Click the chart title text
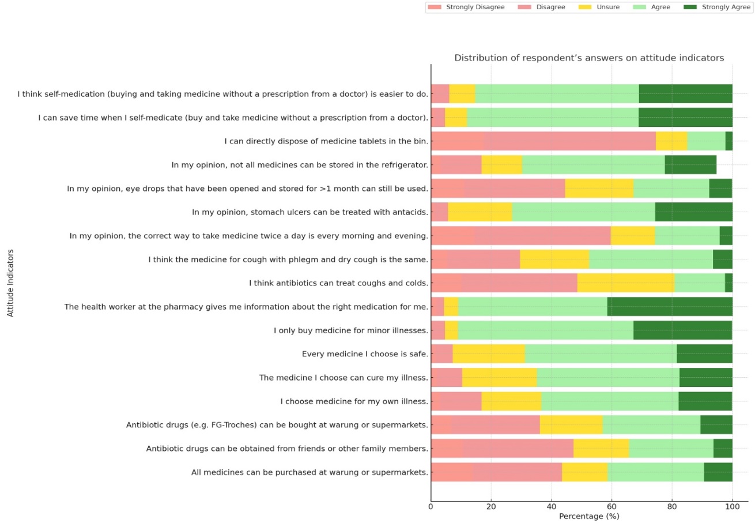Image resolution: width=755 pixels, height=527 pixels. [x=589, y=58]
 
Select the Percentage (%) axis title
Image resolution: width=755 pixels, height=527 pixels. [x=589, y=516]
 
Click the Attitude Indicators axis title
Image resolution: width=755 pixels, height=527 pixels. [x=10, y=283]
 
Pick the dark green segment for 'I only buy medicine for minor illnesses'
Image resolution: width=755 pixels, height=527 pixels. [x=682, y=330]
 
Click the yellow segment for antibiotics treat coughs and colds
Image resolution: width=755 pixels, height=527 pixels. [x=625, y=283]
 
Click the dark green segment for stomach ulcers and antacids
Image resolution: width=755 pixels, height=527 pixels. [x=693, y=212]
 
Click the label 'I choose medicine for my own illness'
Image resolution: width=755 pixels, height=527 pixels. [x=354, y=401]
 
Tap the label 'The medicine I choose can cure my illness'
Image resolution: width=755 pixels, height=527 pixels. [x=343, y=378]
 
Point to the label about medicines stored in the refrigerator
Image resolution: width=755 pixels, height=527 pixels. [x=300, y=165]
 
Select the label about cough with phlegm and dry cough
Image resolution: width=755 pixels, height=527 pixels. [x=288, y=259]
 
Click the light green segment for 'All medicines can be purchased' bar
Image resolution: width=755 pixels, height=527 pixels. [x=655, y=472]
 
